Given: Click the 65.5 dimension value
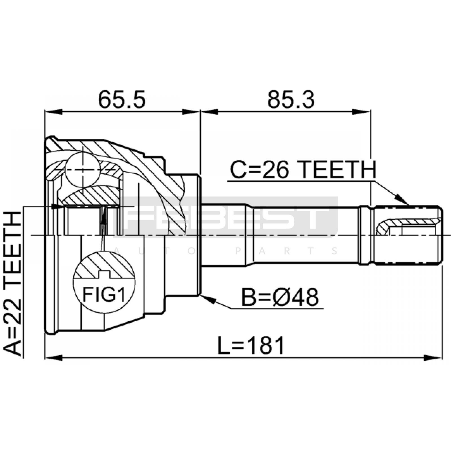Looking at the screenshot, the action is coord(122,100).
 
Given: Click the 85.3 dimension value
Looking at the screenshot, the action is coord(291,100).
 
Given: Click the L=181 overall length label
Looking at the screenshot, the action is coord(251,346).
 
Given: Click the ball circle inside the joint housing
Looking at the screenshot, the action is coord(83,170).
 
